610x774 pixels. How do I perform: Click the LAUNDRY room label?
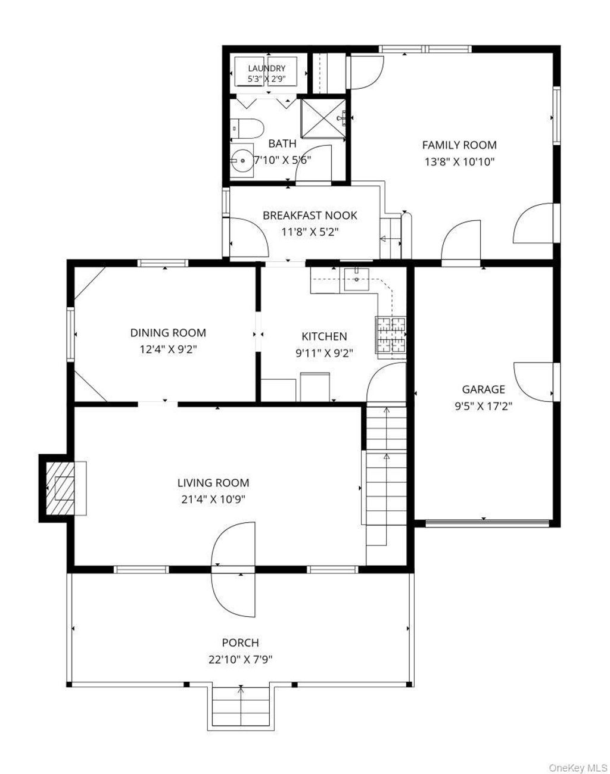[x=267, y=68]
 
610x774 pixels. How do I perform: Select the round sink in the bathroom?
[x=242, y=160]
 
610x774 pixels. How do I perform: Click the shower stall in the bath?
[x=323, y=118]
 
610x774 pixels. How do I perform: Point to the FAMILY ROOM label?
[x=459, y=145]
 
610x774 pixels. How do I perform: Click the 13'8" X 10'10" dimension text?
[x=459, y=162]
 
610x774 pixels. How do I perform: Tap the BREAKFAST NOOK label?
[x=310, y=216]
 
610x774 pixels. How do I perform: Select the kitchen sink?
[x=356, y=279]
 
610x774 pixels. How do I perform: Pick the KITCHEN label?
[x=324, y=336]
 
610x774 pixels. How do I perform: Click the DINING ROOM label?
[x=168, y=333]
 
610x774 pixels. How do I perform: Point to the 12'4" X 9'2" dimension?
[x=169, y=349]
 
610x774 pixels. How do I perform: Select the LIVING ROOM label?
[x=213, y=483]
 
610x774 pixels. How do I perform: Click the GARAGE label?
[x=483, y=389]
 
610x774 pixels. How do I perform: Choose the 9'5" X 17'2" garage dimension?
[x=483, y=407]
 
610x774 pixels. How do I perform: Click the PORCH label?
[x=241, y=642]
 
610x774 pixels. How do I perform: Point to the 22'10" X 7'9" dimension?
[x=241, y=660]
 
